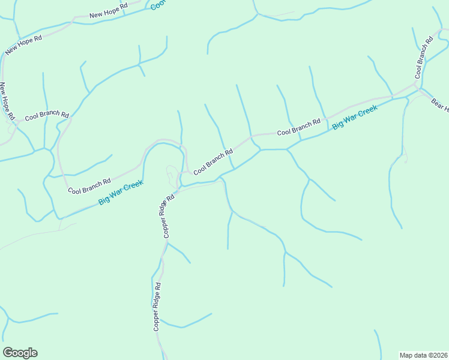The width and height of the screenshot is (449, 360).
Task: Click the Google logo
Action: tap(20, 353)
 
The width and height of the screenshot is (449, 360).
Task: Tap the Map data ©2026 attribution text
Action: tap(423, 355)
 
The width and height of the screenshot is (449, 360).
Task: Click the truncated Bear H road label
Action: tap(439, 104)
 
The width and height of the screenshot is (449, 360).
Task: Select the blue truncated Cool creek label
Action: tap(158, 5)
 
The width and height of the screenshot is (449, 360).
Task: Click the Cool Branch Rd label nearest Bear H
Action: tap(424, 58)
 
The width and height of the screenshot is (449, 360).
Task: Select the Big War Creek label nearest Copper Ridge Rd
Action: tap(121, 193)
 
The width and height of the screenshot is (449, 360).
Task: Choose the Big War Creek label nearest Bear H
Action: tap(354, 118)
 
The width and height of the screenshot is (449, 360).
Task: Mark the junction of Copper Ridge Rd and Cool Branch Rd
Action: tap(182, 179)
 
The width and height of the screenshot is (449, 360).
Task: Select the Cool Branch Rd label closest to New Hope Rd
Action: tap(47, 115)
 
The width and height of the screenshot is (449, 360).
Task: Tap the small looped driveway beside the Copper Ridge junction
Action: tap(172, 173)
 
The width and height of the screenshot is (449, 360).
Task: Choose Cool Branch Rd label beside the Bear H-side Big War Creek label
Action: tap(298, 127)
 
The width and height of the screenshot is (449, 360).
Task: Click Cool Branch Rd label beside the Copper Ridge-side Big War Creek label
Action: tap(89, 186)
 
